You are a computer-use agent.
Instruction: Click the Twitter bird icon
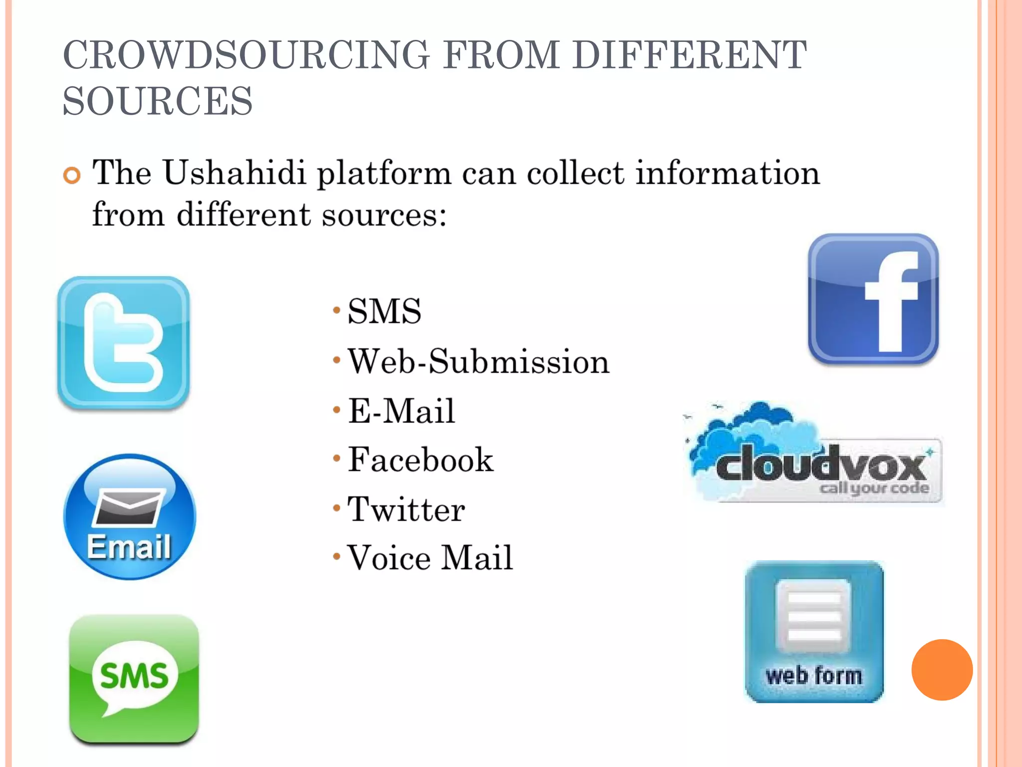[x=123, y=343]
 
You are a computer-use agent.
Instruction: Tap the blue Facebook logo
[x=873, y=299]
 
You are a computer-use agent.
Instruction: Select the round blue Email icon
[x=130, y=517]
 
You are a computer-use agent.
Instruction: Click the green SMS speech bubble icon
[x=134, y=679]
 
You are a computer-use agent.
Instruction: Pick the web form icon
[x=814, y=632]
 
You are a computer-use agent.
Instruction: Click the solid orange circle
[x=942, y=670]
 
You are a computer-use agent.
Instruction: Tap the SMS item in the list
[x=384, y=311]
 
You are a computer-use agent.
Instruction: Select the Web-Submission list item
[x=478, y=361]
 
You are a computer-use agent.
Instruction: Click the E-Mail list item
[x=401, y=411]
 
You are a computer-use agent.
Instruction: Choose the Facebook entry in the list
[x=420, y=459]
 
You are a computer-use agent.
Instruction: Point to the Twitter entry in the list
[x=406, y=509]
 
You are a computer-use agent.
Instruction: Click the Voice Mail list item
[x=430, y=558]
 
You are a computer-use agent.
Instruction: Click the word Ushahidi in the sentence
[x=235, y=173]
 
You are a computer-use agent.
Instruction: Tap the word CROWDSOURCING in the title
[x=246, y=55]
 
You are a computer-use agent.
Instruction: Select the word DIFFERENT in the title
[x=689, y=55]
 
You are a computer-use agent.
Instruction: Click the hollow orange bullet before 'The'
[x=72, y=176]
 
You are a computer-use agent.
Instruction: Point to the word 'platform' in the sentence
[x=384, y=174]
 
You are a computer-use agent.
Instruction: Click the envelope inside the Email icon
[x=129, y=507]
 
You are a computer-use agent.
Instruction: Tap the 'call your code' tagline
[x=874, y=488]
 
